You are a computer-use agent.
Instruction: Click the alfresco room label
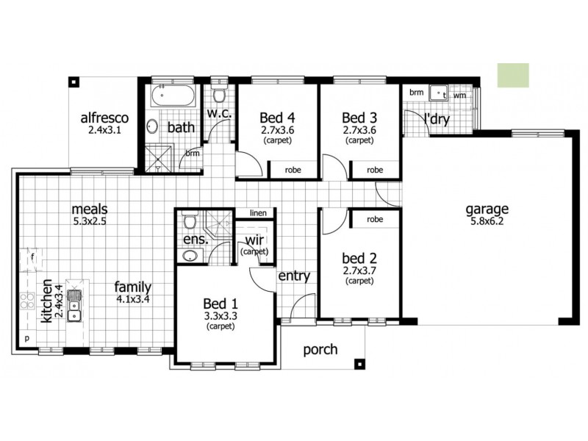click(x=104, y=117)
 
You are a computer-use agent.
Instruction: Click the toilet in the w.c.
click(x=217, y=96)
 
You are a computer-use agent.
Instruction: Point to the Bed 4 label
click(x=277, y=117)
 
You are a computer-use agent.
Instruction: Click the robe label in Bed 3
click(x=375, y=170)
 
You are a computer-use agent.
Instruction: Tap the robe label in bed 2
click(x=375, y=219)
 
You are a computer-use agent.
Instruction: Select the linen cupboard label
click(x=257, y=212)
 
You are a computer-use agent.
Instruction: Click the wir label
click(x=254, y=240)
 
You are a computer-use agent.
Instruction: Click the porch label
click(x=320, y=349)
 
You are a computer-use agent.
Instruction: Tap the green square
click(x=512, y=75)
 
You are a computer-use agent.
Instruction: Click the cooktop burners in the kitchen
click(x=26, y=300)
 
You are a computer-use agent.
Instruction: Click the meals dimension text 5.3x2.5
click(x=90, y=220)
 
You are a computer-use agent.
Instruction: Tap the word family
click(x=132, y=287)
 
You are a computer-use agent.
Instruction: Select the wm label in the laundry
click(x=459, y=95)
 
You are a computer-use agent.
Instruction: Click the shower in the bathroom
click(x=157, y=157)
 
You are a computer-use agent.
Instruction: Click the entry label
click(x=293, y=276)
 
